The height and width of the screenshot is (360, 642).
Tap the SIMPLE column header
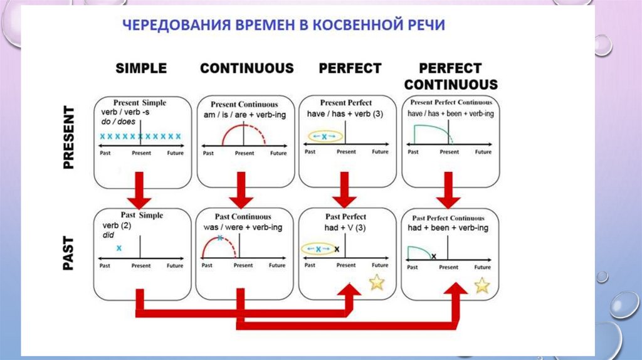pos(141,68)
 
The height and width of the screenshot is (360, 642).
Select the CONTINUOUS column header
pos(246,68)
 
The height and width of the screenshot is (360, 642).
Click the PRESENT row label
pos(68,137)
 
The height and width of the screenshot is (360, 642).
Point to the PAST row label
pos(68,253)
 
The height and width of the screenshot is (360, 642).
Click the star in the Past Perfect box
pos(376,283)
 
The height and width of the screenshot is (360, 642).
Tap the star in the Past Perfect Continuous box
pos(481,285)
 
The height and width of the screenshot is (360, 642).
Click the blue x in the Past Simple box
pos(118,248)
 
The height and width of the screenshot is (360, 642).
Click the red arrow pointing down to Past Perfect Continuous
pos(449,191)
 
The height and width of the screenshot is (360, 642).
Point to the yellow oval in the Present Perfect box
pos(324,136)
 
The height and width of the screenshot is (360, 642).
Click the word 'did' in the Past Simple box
pos(107,235)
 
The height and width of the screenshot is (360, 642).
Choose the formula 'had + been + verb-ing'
pos(448,228)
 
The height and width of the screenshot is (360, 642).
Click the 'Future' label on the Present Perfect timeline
pos(380,152)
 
